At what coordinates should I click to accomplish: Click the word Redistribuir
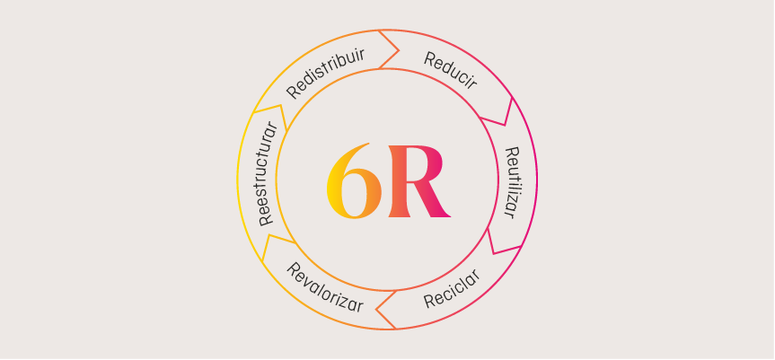pos(326,73)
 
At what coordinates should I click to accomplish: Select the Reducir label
pos(450,71)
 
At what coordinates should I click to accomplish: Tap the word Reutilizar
pos(513,182)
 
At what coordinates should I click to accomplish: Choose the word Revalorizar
pos(325,287)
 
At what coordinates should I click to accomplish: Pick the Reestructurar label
pos(267,172)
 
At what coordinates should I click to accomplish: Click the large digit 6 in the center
pos(354,180)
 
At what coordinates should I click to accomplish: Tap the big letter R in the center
pos(419,181)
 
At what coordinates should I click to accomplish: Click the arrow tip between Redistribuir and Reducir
pos(399,50)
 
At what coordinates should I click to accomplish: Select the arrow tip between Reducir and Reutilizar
pos(504,125)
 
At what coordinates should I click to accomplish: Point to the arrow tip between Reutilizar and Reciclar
pos(493,253)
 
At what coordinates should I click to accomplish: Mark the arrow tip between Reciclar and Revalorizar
pos(376,310)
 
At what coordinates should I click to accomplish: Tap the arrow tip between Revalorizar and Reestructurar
pos(269,235)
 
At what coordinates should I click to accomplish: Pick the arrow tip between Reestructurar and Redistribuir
pos(280,105)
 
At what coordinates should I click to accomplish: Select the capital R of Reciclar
pos(430,301)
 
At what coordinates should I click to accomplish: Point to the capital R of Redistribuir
pos(294,92)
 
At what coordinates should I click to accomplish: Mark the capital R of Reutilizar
pos(513,152)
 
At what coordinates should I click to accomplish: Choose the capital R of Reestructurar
pos(267,220)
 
